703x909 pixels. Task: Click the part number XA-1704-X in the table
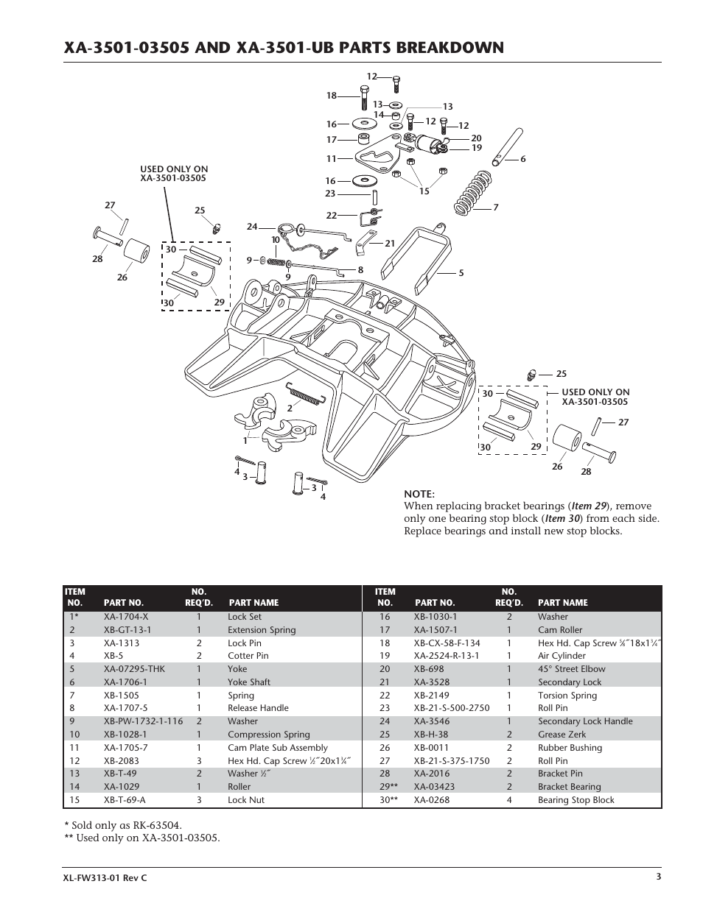[126, 617]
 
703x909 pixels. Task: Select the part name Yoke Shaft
[248, 682]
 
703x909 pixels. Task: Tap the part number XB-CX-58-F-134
[447, 643]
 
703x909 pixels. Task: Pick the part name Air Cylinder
[562, 656]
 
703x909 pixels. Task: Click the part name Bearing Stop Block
[576, 799]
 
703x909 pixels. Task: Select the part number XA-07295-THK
[134, 669]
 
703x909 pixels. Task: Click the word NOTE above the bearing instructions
[419, 494]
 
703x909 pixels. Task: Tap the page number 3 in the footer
[658, 876]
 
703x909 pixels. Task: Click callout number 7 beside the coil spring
[496, 208]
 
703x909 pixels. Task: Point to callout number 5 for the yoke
[461, 273]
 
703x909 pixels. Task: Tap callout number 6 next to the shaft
[522, 159]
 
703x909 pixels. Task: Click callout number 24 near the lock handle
[252, 227]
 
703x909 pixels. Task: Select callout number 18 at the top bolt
[331, 96]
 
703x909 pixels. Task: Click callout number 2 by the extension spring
[290, 407]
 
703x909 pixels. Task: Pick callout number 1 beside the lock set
[245, 440]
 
